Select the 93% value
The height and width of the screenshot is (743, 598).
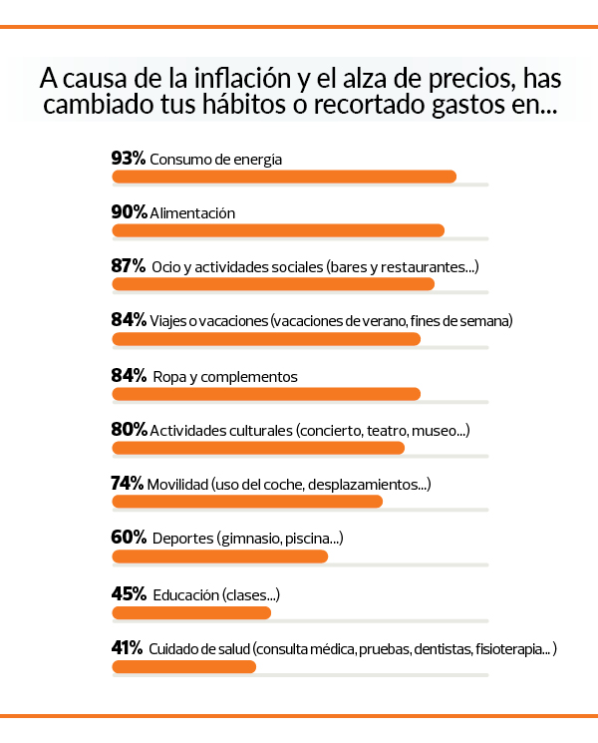pos(129,158)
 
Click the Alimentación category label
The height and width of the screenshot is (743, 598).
pos(192,212)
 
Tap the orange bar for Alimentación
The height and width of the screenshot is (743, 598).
pos(278,230)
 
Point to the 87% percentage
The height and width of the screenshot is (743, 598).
pos(129,266)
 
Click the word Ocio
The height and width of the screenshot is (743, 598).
pos(166,267)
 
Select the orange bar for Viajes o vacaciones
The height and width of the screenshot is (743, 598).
pos(266,339)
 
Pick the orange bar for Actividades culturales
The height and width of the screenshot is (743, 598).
pos(258,448)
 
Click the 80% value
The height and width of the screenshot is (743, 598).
pos(129,430)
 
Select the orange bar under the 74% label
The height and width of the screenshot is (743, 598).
pos(247,502)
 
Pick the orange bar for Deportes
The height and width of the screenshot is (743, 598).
pos(220,556)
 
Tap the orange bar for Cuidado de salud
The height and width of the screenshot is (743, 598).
pos(184,665)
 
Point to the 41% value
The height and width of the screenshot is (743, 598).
pos(128,647)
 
